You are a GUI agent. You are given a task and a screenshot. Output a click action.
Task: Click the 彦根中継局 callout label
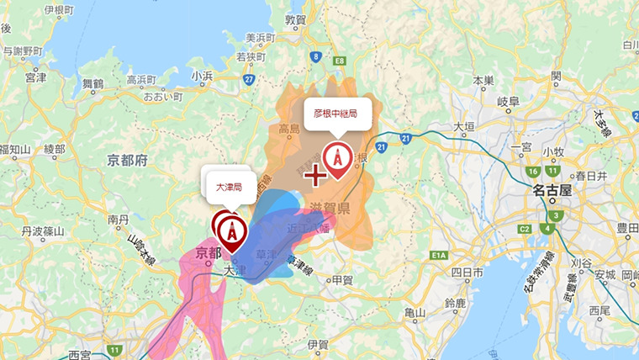point(335,112)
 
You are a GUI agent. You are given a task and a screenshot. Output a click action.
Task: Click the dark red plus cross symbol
point(315,175)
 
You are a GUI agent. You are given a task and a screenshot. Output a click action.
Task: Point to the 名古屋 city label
point(552,191)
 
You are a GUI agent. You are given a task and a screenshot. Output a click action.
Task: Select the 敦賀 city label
point(295,19)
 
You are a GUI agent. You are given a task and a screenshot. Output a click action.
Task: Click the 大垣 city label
point(464,127)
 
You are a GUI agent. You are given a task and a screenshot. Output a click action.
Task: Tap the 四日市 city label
point(465,273)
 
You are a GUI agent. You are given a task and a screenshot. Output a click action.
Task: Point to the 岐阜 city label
point(510,101)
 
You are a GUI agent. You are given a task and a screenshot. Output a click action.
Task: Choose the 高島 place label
point(289,130)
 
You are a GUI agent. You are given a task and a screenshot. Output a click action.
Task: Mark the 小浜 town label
point(202,75)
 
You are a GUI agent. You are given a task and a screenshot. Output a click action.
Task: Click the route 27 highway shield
point(250,79)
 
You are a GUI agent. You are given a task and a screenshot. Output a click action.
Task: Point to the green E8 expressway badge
point(341,61)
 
